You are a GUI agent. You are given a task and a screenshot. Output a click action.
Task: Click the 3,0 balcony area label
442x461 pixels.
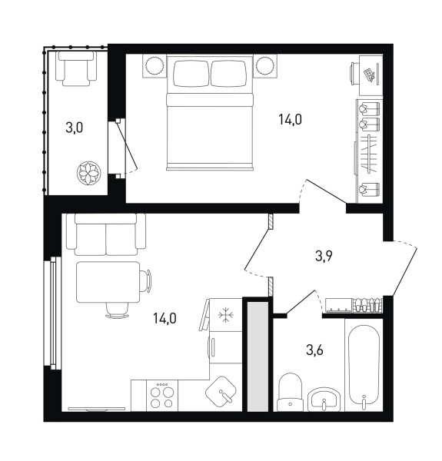pos(74,128)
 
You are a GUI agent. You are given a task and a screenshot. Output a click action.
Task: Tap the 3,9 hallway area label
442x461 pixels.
pos(324,256)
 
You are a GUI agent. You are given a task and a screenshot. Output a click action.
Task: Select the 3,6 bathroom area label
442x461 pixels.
pos(314,350)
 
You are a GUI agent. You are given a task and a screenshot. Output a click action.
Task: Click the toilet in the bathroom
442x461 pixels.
pos(291,392)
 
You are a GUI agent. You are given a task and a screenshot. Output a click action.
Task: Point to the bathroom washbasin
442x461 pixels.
pos(323,400)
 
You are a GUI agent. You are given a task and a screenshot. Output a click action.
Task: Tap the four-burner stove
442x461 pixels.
pos(162,396)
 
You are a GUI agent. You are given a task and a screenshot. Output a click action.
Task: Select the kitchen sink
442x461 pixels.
pos(221,390)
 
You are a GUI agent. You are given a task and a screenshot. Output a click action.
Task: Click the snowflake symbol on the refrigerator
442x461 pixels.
pos(226,316)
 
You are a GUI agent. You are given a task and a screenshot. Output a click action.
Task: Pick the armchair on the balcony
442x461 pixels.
pos(76,69)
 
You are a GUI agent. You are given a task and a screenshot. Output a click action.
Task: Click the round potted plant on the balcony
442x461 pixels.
pos(89,173)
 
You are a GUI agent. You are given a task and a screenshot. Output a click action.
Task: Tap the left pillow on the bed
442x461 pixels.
pos(191,73)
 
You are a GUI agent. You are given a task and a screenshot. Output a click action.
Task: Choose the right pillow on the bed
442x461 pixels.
pos(228,73)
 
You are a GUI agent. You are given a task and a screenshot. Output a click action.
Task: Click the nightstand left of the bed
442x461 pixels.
pos(155,66)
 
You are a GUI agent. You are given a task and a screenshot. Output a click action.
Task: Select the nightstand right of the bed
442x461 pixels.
pos(265,66)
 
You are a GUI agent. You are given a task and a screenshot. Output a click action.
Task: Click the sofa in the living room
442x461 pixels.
pos(106,234)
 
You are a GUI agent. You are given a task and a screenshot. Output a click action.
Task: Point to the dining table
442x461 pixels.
pos(108,282)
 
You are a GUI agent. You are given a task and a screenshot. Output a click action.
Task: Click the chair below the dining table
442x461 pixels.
pos(117,310)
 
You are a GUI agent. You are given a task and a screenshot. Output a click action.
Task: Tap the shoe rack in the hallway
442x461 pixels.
pos(367,305)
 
